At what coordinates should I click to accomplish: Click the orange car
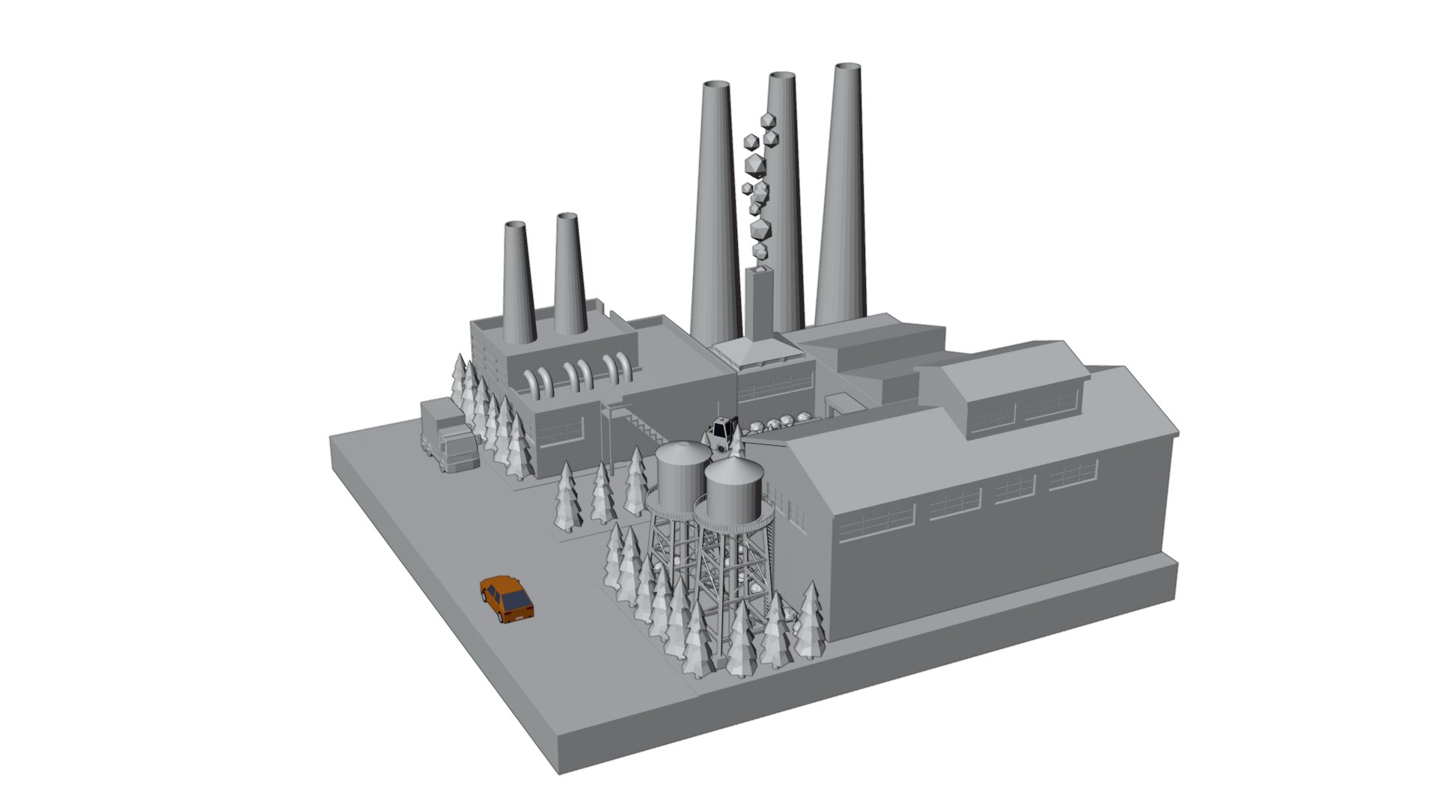click(507, 599)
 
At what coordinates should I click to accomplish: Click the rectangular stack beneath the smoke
click(759, 303)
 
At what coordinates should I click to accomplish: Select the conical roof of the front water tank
click(734, 470)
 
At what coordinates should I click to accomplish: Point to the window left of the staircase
click(561, 431)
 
